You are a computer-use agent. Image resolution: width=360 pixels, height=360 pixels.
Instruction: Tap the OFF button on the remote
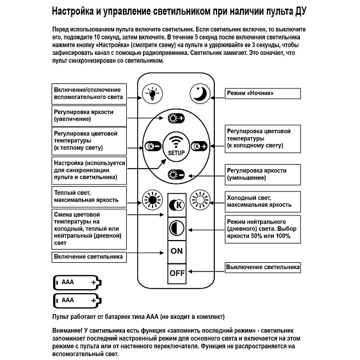coord(177,273)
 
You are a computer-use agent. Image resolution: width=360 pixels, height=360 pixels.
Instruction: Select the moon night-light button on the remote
coord(201,93)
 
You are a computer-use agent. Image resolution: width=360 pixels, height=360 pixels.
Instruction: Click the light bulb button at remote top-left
coord(153,93)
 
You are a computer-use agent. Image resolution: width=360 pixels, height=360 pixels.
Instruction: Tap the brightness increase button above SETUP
coord(176,119)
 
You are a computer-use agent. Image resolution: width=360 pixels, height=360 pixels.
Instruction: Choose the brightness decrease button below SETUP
coord(176,174)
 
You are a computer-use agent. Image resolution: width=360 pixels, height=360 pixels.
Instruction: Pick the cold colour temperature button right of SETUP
coord(199,146)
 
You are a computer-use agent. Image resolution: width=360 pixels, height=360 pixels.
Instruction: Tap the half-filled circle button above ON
coord(177,228)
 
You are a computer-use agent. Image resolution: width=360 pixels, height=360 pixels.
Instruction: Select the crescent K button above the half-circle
coord(177,205)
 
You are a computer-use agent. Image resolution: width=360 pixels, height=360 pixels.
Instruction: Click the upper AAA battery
coord(77,282)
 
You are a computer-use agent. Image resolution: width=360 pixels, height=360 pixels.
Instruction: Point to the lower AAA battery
coord(77,300)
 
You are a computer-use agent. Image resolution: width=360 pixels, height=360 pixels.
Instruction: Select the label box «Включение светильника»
coord(89,257)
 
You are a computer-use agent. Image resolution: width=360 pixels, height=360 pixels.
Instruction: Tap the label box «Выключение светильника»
coord(263,267)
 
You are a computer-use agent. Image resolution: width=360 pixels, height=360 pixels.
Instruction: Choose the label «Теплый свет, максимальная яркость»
coord(89,197)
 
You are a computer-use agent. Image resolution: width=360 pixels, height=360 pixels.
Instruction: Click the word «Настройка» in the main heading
coord(76,11)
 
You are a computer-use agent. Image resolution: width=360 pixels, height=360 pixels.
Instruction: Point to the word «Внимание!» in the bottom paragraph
coord(68,331)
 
